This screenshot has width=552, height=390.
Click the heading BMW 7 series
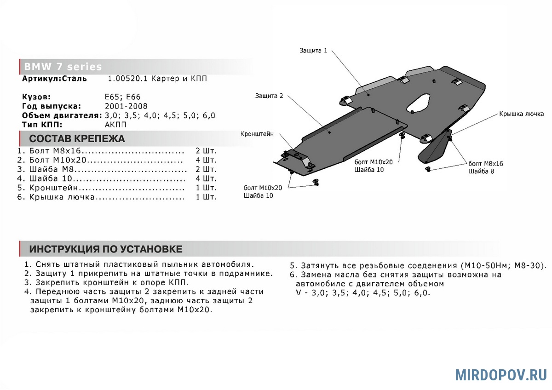point(63,67)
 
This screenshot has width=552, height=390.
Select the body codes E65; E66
point(122,97)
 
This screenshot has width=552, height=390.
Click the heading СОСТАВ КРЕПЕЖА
point(77,139)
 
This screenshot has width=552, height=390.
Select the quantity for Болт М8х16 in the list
point(206,151)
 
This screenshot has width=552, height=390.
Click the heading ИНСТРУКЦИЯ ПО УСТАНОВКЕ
point(106,249)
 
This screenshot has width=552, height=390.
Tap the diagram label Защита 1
point(313,51)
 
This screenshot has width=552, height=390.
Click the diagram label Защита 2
point(269,96)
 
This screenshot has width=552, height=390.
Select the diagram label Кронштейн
point(257,134)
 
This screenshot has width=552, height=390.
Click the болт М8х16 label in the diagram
point(486,163)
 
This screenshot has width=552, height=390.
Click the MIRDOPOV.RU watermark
point(501,374)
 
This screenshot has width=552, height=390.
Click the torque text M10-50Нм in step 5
point(478,266)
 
